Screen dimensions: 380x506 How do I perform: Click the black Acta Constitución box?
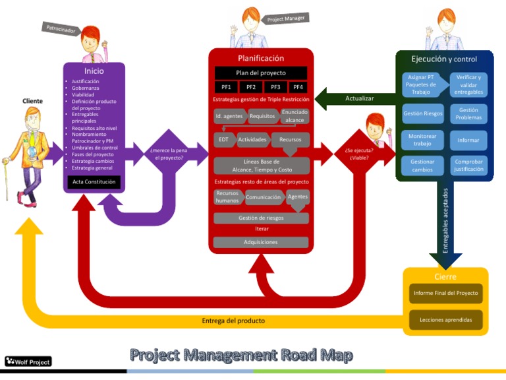pos(94,181)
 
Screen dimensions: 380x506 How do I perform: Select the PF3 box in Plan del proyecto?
pos(275,86)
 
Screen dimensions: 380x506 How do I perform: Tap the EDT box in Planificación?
pos(223,140)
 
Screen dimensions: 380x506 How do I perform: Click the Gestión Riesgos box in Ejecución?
pos(422,113)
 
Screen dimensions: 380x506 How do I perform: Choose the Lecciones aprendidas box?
pos(445,320)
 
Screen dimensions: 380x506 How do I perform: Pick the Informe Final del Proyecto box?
pos(445,293)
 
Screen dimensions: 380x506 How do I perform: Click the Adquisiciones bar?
pos(261,242)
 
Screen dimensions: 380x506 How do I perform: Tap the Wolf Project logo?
pos(28,361)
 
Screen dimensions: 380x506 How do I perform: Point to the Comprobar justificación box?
pos(468,165)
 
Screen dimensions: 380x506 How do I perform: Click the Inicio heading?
pos(94,71)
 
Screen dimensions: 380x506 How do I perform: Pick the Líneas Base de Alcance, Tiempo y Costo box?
pos(261,166)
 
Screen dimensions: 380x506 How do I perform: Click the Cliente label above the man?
pos(32,101)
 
